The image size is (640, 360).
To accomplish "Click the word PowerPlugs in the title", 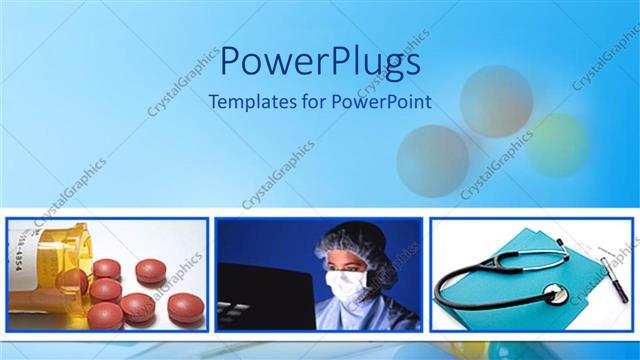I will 319,62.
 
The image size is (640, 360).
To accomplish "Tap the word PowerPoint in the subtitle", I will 384,101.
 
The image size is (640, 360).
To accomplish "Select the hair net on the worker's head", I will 345,241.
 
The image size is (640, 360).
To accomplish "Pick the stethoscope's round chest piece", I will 556,294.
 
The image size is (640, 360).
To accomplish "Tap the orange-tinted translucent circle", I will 496,101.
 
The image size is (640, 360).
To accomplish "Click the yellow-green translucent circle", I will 558,144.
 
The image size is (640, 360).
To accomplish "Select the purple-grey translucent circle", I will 432,159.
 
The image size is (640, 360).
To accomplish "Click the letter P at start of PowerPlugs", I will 229,62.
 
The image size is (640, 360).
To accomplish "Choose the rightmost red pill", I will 185,306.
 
